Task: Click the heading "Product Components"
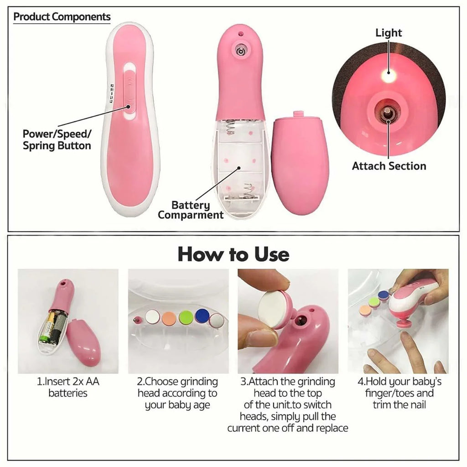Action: (x=62, y=17)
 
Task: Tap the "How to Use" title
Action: (x=233, y=254)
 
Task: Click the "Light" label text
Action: (x=389, y=33)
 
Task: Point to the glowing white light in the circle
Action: (x=389, y=76)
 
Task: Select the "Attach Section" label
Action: (x=389, y=166)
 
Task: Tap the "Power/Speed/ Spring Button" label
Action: (x=57, y=140)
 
